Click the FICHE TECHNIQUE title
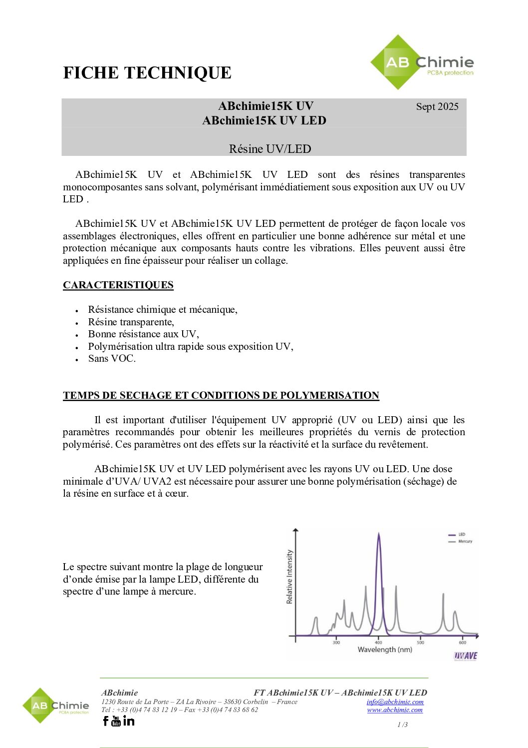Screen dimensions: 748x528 click(x=147, y=73)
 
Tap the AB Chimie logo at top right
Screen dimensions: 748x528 click(x=422, y=63)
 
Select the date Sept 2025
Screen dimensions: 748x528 click(x=437, y=106)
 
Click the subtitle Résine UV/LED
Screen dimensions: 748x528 click(x=270, y=149)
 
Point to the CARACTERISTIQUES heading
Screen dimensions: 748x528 click(x=118, y=285)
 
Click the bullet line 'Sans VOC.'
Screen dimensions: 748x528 click(x=112, y=358)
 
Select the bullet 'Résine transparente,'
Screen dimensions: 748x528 click(x=131, y=322)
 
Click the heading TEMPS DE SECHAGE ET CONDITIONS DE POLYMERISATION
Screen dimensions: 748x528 click(x=221, y=395)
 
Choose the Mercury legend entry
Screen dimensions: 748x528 click(x=465, y=541)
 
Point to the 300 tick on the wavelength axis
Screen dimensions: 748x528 click(x=336, y=642)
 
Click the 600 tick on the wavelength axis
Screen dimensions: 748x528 click(x=463, y=642)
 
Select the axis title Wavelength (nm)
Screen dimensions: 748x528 click(x=385, y=650)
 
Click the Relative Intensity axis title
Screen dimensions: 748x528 click(x=289, y=577)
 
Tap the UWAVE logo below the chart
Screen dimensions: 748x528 click(x=465, y=656)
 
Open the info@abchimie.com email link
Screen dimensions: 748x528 click(x=395, y=702)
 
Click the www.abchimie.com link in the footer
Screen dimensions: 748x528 click(x=395, y=710)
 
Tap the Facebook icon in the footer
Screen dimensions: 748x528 click(x=105, y=721)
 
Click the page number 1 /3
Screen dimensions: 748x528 click(x=402, y=725)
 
